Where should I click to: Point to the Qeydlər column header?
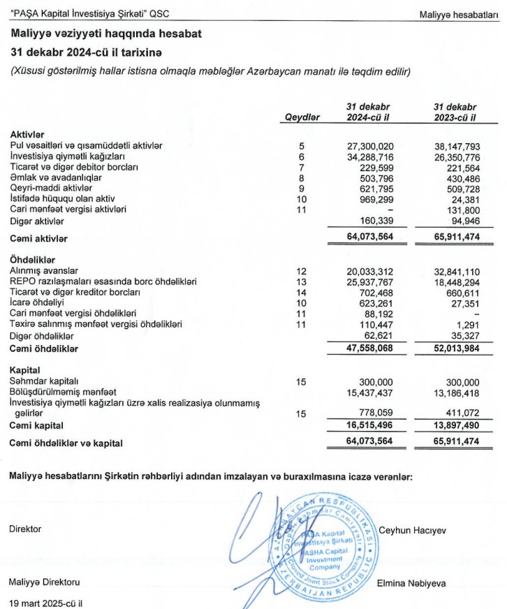302,117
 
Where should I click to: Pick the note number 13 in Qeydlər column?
302,281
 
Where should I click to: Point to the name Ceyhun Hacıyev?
413,530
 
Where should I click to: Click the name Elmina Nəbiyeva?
412,582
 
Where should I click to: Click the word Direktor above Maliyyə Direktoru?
25,529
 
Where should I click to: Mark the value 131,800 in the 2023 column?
461,210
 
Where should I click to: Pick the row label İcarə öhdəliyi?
38,302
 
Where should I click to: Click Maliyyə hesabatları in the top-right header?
460,14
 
